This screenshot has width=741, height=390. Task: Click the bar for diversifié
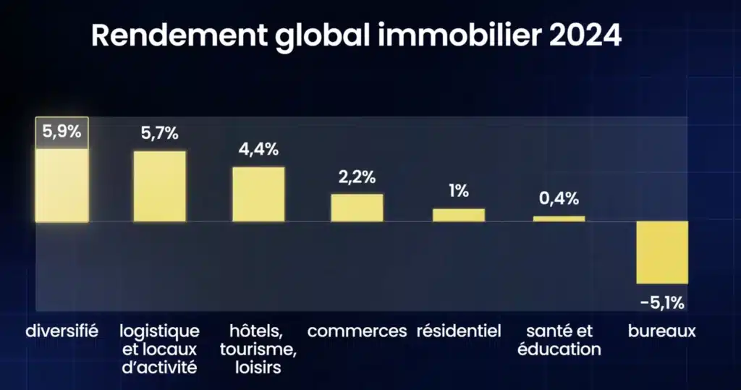pos(62,185)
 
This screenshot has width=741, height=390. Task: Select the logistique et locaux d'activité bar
pos(160,186)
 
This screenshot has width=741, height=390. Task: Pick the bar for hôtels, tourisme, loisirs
pos(258,194)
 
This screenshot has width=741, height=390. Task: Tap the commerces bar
pos(357,208)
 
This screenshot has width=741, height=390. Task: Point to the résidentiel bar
pos(459,215)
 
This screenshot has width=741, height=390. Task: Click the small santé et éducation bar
pos(559,219)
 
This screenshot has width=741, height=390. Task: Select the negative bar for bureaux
pos(661,253)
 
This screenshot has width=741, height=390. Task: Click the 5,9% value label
pos(62,133)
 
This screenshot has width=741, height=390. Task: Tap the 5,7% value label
pos(160,134)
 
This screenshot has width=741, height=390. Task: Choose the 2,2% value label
pos(357,177)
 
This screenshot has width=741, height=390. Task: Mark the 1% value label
pos(459,191)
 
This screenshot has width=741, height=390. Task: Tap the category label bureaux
pos(661,331)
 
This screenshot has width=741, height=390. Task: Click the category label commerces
pos(357,331)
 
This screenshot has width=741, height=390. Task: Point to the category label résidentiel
pos(459,331)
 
